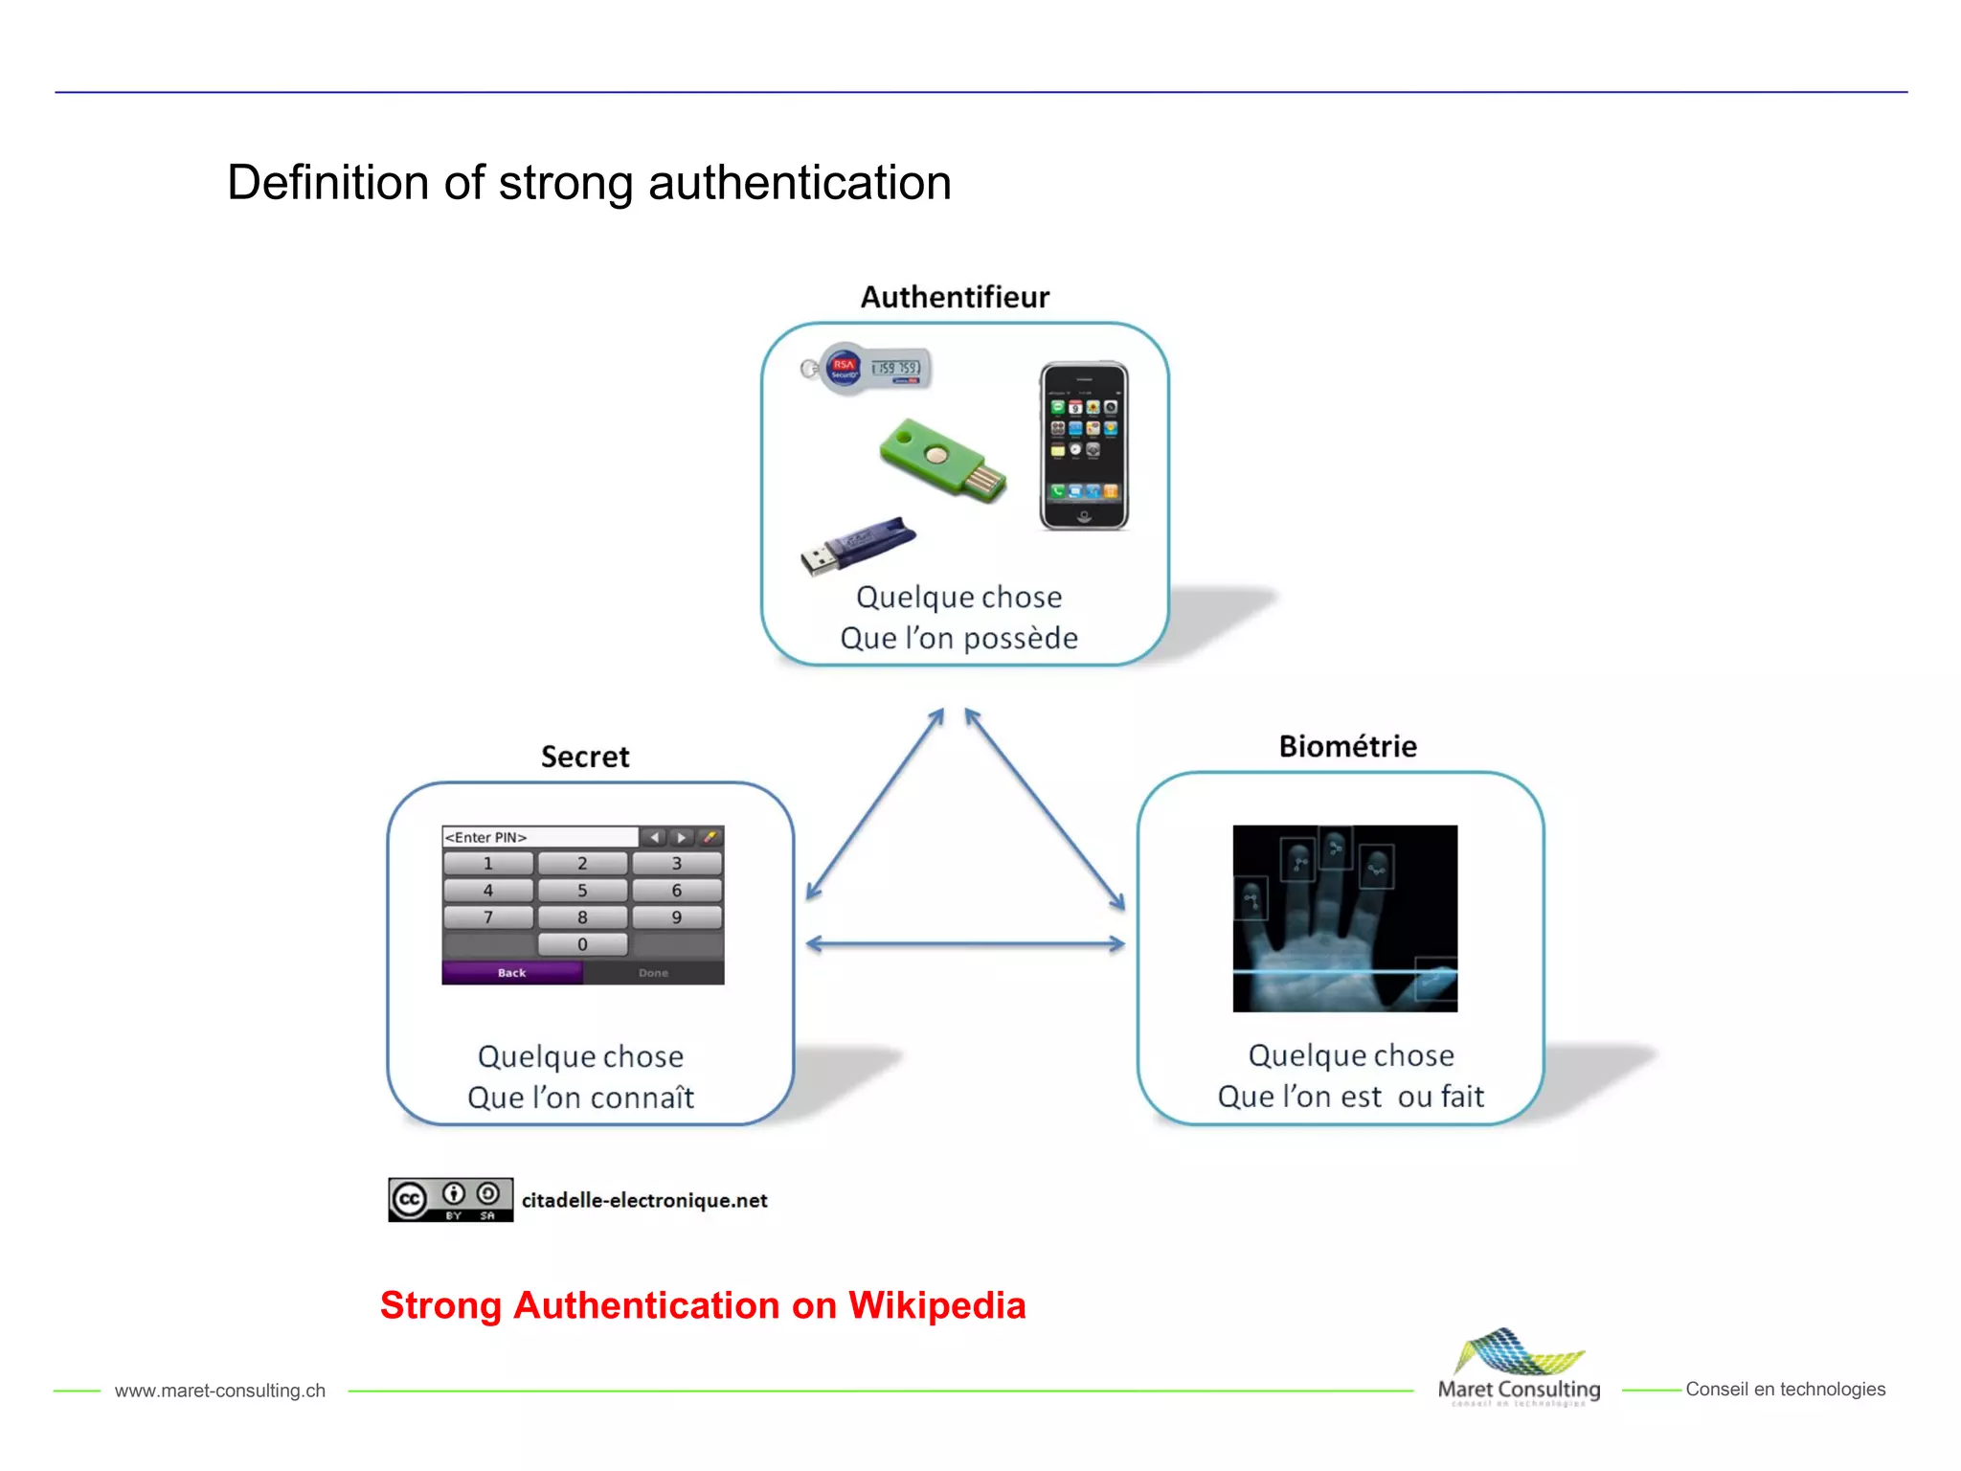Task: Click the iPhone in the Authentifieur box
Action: pos(1084,446)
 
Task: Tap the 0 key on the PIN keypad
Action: pos(582,944)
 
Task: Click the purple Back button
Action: pos(512,973)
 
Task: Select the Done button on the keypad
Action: pos(654,973)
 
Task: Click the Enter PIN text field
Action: pos(539,837)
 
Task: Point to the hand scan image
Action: pos(1344,918)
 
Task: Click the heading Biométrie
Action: pos(1347,746)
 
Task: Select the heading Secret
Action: pos(585,757)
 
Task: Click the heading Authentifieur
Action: pos(955,297)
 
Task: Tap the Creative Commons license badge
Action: pos(450,1199)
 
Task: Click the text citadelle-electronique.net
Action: pos(644,1200)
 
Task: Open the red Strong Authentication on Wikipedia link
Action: pos(702,1305)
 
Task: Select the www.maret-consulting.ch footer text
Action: pos(220,1391)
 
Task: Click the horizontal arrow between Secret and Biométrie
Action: pos(965,944)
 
